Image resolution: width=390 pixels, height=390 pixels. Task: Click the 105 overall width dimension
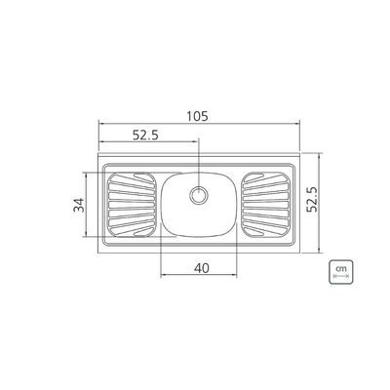197,116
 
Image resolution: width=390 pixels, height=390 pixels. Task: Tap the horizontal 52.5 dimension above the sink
145,135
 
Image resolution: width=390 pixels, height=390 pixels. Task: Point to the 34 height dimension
79,205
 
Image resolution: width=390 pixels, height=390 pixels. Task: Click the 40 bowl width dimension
202,268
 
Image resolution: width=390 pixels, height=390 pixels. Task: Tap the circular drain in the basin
199,195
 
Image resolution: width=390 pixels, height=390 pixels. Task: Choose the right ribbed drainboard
266,205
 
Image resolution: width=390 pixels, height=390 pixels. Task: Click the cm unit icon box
340,272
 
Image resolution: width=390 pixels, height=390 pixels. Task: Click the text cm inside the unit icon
341,269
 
